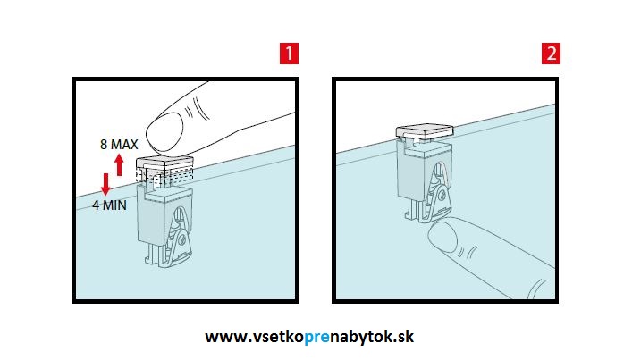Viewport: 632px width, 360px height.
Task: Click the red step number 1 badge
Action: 289,54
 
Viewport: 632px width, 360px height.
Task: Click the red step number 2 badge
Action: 551,54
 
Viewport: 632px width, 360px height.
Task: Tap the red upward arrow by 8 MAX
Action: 119,165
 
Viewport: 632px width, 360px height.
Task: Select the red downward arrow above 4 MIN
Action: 105,184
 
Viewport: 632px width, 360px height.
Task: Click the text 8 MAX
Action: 119,144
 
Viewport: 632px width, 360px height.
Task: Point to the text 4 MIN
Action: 109,205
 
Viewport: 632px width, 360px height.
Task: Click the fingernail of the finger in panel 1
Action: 164,131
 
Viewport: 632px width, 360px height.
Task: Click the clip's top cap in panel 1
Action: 164,163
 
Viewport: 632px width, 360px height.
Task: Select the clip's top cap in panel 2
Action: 425,131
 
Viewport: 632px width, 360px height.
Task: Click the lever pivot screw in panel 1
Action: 181,240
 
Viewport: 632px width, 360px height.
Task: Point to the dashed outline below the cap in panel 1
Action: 164,177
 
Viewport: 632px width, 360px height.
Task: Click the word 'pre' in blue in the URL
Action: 316,337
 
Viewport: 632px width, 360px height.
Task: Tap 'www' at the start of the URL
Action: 223,337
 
